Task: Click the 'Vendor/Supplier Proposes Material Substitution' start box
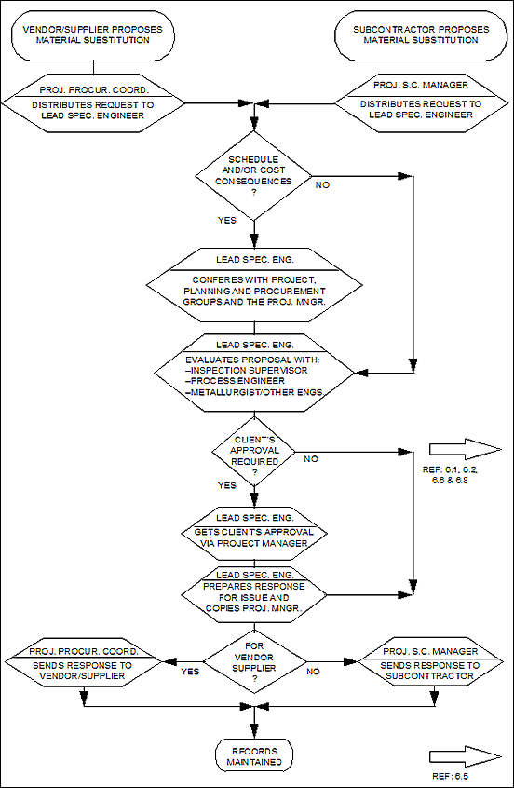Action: tap(93, 35)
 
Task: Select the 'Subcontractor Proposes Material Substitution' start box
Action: tap(421, 35)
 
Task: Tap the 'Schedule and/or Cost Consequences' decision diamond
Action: tap(253, 176)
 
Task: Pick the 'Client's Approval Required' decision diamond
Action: tap(253, 451)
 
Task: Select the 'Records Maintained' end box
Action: tap(254, 756)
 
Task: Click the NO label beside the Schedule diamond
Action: tap(322, 185)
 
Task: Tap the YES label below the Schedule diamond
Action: tap(227, 220)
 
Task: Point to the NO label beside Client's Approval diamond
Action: tap(311, 459)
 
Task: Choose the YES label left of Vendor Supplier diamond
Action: tap(189, 671)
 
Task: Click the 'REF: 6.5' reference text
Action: tap(450, 776)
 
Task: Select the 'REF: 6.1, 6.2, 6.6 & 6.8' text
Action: tap(450, 475)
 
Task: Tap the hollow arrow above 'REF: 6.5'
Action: tap(466, 757)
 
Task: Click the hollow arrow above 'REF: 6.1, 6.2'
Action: tap(466, 449)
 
